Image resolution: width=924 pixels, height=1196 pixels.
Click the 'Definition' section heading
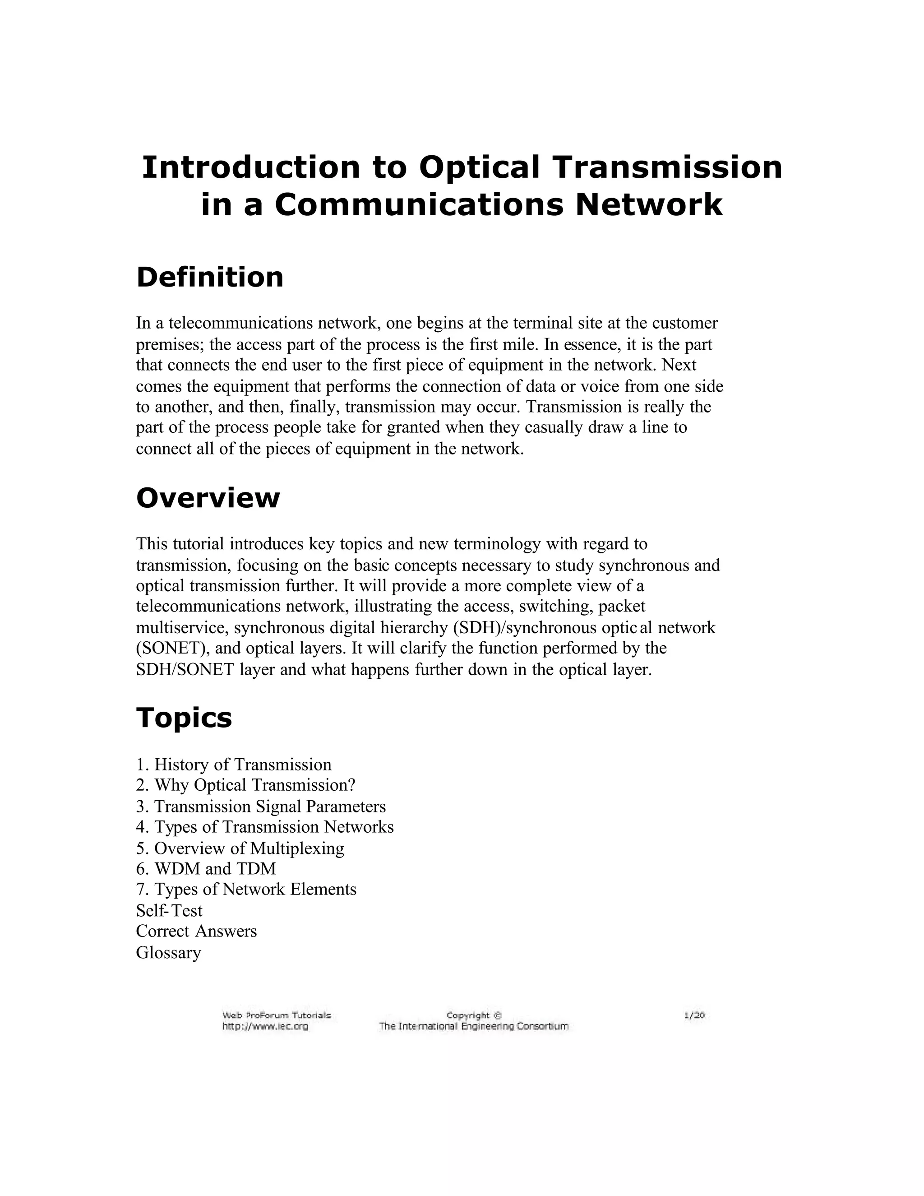pyautogui.click(x=210, y=277)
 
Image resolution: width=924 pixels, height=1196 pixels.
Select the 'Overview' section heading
pyautogui.click(x=208, y=498)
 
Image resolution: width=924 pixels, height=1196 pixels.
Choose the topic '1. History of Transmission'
pyautogui.click(x=234, y=765)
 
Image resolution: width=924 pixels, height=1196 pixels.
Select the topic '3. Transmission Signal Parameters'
pyautogui.click(x=261, y=806)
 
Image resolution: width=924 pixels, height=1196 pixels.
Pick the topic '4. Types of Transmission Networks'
pyautogui.click(x=265, y=827)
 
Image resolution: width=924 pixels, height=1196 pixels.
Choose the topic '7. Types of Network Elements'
pyautogui.click(x=246, y=890)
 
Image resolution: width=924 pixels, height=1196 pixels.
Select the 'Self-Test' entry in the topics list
pyautogui.click(x=169, y=911)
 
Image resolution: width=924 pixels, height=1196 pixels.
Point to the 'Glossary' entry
pyautogui.click(x=169, y=952)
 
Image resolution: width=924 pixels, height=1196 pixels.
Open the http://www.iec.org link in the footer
pyautogui.click(x=265, y=1026)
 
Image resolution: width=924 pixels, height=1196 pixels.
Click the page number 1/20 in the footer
pyautogui.click(x=694, y=1016)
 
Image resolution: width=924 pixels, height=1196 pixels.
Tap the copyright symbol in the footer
pyautogui.click(x=498, y=1016)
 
